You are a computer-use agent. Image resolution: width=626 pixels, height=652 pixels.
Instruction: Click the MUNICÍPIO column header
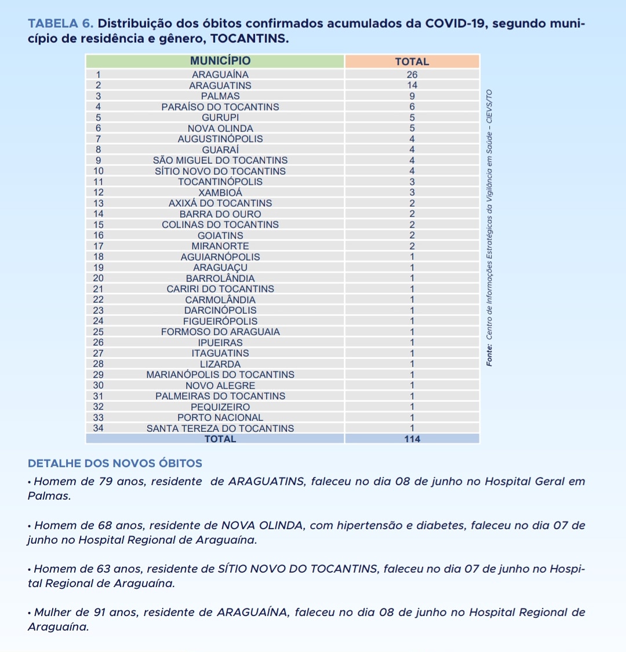[220, 61]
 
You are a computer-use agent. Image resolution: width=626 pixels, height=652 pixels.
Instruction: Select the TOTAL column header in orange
[412, 61]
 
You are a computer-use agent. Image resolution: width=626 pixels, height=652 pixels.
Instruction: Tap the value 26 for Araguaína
[412, 75]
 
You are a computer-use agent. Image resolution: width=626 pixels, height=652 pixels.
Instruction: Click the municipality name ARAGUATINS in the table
[220, 86]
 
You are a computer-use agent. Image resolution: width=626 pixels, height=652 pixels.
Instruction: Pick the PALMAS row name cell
[220, 96]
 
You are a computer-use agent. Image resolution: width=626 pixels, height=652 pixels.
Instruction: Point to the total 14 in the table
[412, 86]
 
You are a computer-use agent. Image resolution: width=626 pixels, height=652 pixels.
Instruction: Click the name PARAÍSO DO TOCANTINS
[220, 107]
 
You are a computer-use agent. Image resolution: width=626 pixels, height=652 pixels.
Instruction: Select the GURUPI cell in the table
[220, 118]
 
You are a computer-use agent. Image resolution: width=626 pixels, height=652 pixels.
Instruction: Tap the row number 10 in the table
[99, 171]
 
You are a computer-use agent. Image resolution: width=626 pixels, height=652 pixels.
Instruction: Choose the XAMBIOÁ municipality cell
[220, 193]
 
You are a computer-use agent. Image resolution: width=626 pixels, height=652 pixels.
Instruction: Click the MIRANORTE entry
[220, 246]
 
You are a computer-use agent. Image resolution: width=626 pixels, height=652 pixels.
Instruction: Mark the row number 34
[99, 428]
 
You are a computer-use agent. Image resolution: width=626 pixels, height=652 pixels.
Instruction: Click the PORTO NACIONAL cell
[220, 417]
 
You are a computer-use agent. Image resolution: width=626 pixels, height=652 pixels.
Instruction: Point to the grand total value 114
[412, 439]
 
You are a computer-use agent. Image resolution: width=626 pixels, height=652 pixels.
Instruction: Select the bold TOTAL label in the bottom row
[220, 439]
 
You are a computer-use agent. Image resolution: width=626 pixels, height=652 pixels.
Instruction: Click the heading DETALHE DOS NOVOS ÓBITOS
[115, 463]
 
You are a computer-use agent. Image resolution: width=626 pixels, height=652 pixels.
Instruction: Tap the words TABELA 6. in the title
[61, 24]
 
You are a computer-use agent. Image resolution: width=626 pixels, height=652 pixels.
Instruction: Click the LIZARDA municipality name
[220, 364]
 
